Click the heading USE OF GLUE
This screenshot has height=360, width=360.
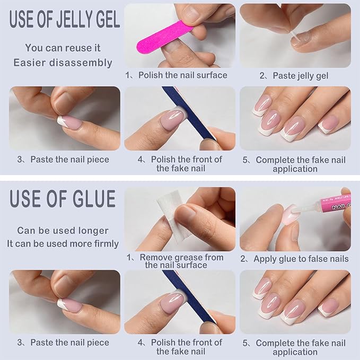tap(63, 199)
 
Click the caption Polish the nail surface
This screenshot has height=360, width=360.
tap(176, 75)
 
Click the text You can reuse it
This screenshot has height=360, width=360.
tap(63, 48)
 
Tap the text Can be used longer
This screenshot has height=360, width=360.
tap(63, 231)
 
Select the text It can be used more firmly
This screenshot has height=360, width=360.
tap(63, 244)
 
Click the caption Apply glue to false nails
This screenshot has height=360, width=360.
tap(295, 259)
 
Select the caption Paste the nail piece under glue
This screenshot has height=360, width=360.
tap(63, 343)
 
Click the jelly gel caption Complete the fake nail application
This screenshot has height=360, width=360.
tap(295, 164)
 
